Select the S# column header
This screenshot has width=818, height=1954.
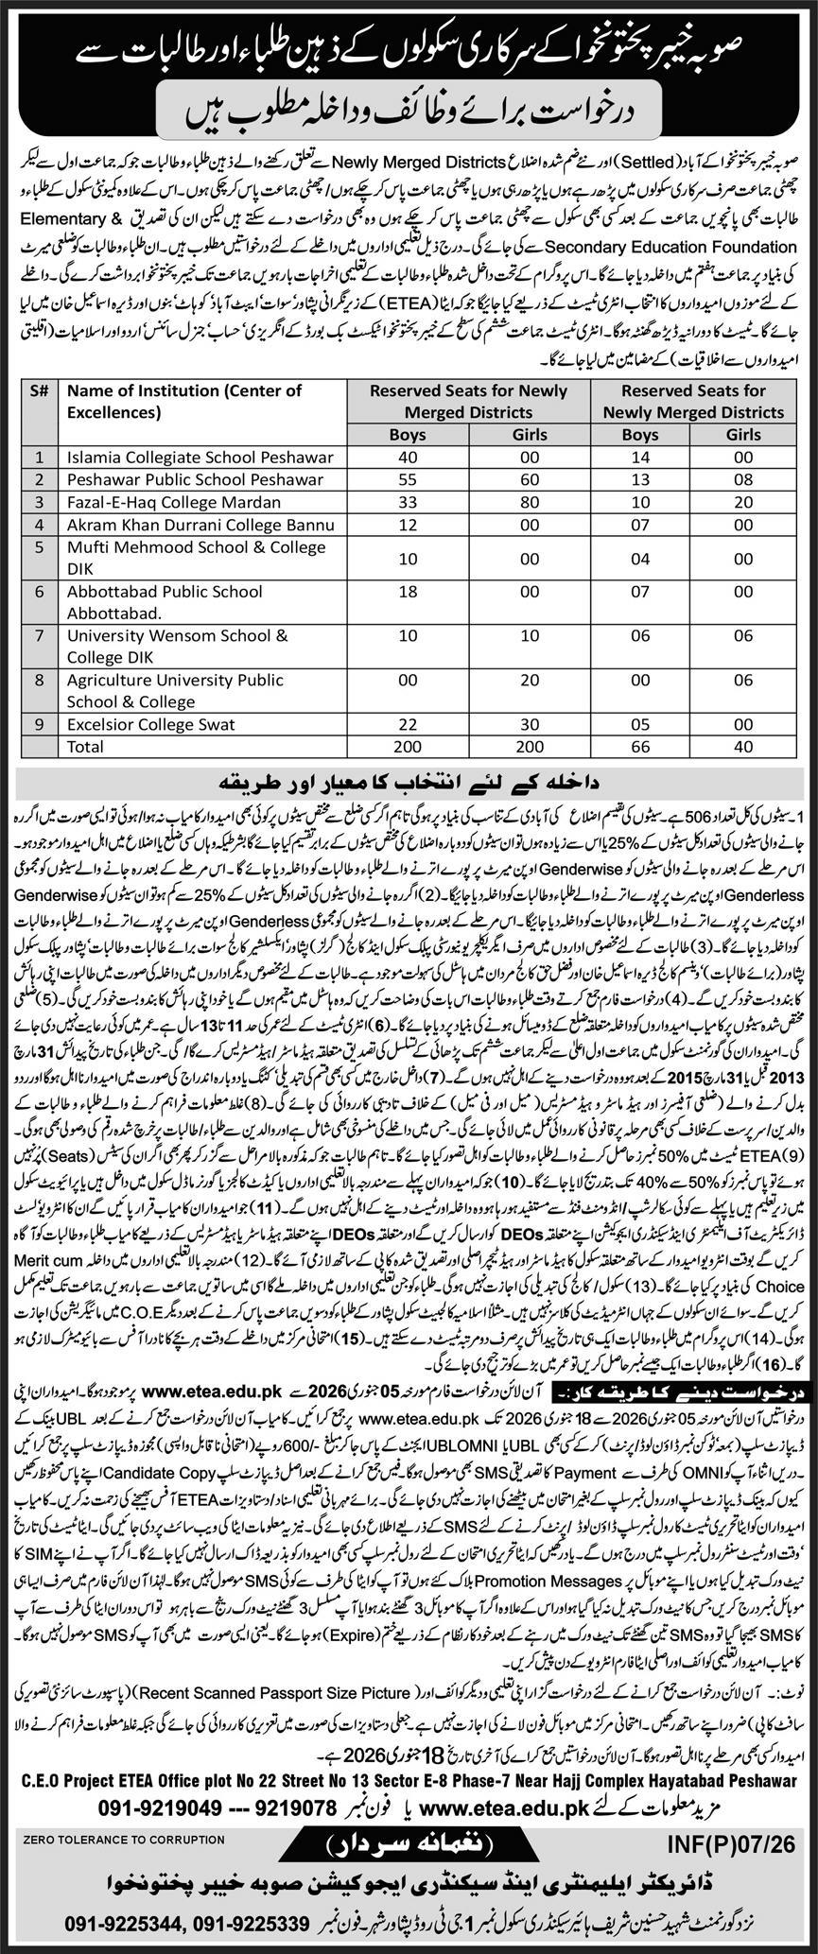(x=40, y=389)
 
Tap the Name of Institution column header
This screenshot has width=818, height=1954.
(x=183, y=401)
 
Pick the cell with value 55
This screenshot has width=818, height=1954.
(x=408, y=479)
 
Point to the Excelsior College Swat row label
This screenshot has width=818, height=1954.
(x=151, y=724)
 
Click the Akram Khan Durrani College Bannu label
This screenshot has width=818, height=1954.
(x=201, y=524)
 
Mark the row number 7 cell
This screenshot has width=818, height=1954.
(x=40, y=634)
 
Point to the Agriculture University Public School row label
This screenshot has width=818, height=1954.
(x=175, y=690)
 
